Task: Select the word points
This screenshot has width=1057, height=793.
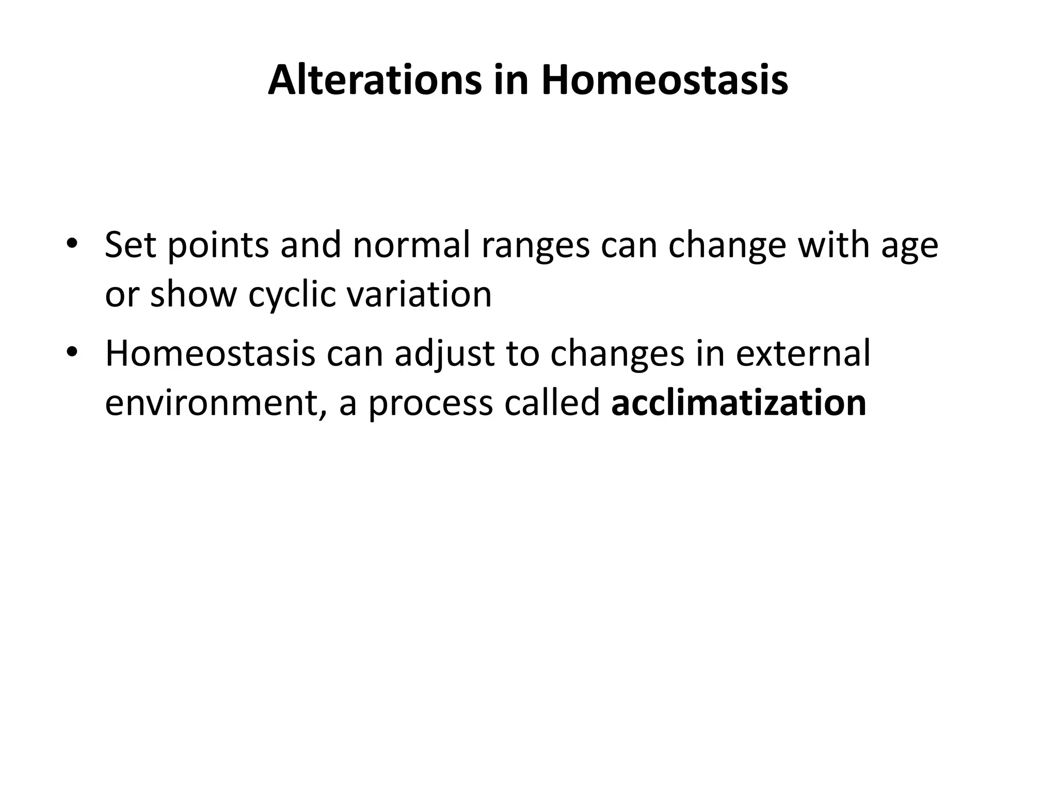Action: (x=218, y=245)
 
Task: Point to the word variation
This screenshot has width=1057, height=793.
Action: (x=419, y=294)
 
